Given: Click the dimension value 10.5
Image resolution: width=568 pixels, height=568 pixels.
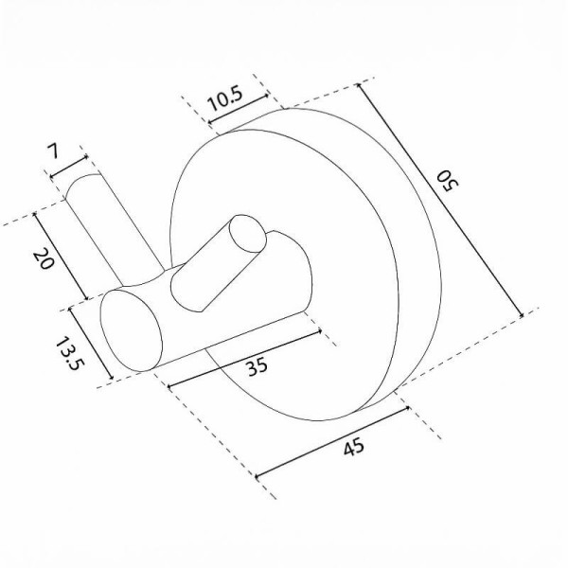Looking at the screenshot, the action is [x=225, y=98].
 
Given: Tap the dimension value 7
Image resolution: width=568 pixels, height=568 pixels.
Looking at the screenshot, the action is [x=53, y=151].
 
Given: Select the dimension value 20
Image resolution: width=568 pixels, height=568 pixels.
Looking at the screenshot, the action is [x=44, y=258].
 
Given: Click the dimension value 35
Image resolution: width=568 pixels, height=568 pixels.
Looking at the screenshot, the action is [x=257, y=365].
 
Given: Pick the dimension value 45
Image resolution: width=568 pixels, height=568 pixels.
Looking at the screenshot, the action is [x=353, y=447].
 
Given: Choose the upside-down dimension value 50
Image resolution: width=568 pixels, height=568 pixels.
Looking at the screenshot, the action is [x=448, y=182].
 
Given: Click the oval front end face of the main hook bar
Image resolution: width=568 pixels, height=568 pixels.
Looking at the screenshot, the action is [x=131, y=330].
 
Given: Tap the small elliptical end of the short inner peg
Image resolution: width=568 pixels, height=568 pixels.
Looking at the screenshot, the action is [x=248, y=234].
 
